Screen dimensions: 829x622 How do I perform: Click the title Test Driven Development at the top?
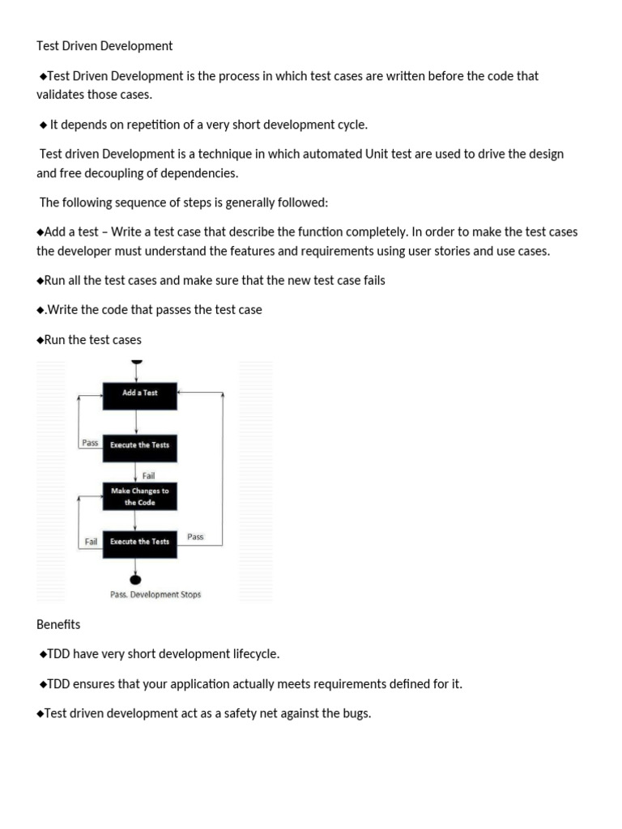(x=104, y=46)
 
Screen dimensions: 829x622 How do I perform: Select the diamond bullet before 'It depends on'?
(x=44, y=125)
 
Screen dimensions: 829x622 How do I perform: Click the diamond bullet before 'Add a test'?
(x=40, y=232)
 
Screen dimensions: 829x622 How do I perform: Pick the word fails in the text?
(x=370, y=280)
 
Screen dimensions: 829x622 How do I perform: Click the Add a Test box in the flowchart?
(x=139, y=393)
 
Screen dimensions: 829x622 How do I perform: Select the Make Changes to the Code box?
(x=139, y=496)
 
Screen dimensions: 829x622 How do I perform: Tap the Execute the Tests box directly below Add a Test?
(x=139, y=445)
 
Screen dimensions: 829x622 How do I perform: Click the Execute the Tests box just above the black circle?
(x=139, y=542)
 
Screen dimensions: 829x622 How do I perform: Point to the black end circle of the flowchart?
(x=135, y=578)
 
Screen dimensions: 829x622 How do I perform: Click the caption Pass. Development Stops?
(x=155, y=594)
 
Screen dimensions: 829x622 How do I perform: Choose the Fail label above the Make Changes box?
(x=148, y=475)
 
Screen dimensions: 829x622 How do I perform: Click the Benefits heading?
(x=58, y=625)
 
